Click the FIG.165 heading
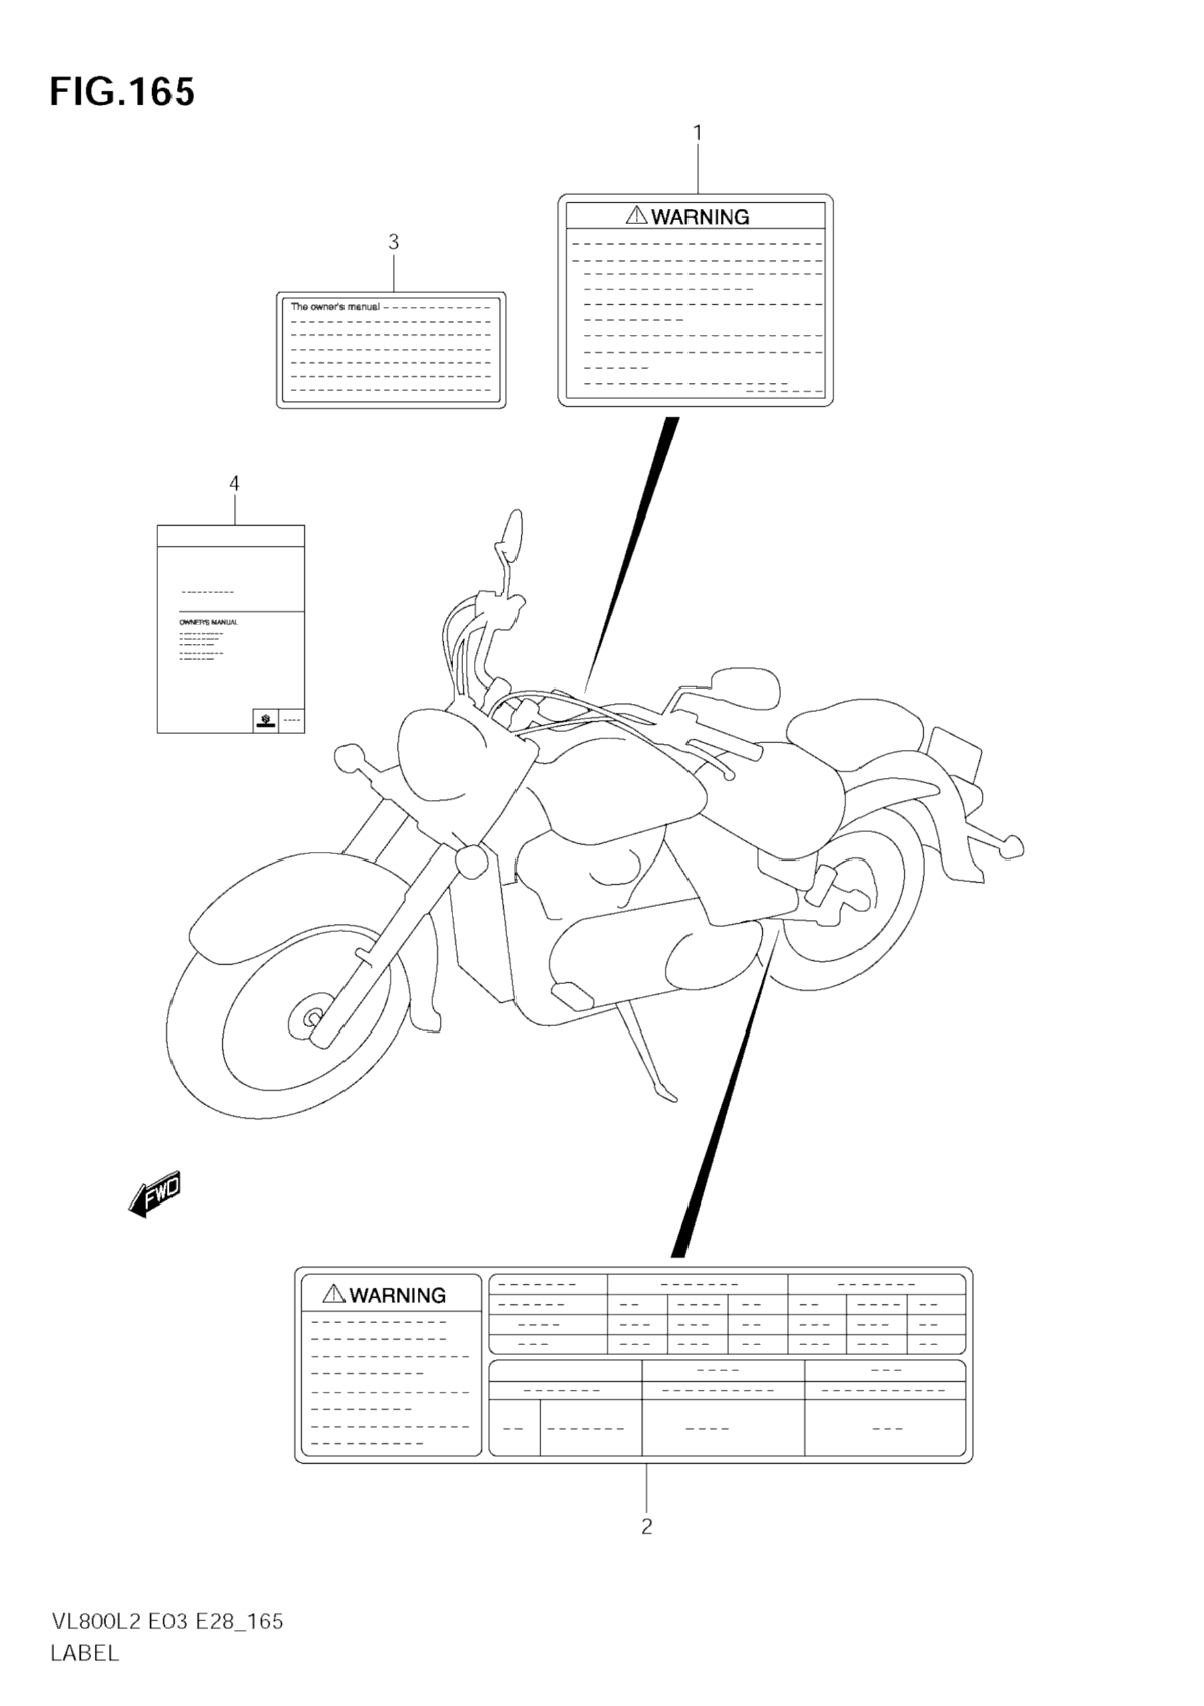[x=122, y=93]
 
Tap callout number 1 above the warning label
[x=697, y=133]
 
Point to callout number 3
[x=393, y=242]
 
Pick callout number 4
[x=234, y=484]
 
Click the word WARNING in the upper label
[x=700, y=217]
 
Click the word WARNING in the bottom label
[x=398, y=1295]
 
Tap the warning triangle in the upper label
[x=637, y=216]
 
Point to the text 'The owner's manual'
[x=334, y=307]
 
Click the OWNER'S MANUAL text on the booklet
[x=209, y=622]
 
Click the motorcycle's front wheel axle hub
[x=312, y=1017]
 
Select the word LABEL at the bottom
[x=84, y=1653]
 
